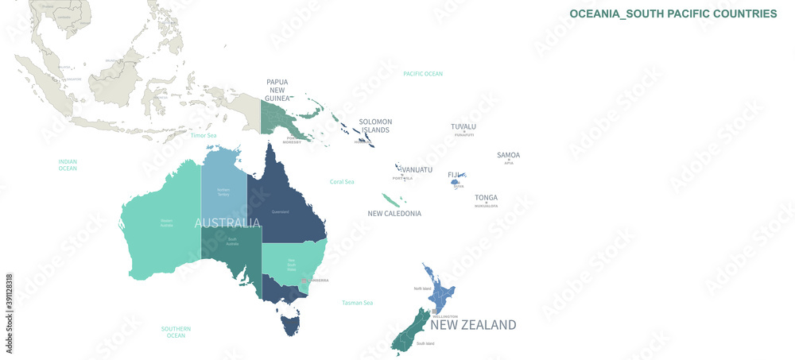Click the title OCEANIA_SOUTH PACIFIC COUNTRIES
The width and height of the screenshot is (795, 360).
point(673,14)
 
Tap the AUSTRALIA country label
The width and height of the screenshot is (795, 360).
point(227,223)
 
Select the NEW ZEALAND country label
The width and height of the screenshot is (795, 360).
point(473,324)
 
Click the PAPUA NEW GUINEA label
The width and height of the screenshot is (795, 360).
point(277,91)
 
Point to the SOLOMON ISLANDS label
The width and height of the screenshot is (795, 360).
point(376,126)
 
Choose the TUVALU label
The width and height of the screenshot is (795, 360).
point(463,126)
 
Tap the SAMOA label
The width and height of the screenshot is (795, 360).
point(508,155)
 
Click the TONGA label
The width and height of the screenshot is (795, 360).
point(487,198)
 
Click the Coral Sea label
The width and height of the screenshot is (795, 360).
point(342,182)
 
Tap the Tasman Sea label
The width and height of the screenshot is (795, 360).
point(358,303)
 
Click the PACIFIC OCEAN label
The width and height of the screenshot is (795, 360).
point(422,74)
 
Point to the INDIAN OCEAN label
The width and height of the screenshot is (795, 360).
point(68,165)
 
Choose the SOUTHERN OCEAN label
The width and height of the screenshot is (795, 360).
point(176,332)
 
